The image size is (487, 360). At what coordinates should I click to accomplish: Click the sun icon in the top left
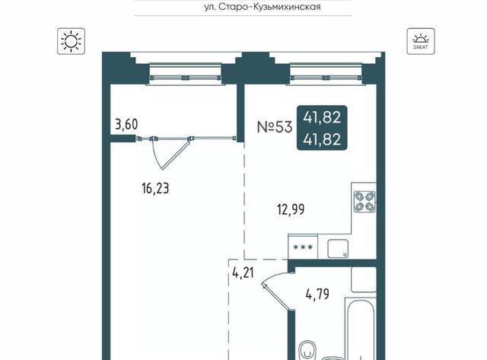pos(71,41)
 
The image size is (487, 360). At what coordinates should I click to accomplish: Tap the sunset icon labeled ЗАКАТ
pos(421,41)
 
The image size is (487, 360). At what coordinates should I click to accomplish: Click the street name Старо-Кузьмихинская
pos(269,7)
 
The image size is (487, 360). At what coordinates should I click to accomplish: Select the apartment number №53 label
pos(275,127)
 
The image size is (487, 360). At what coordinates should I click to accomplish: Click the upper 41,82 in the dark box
pos(322,117)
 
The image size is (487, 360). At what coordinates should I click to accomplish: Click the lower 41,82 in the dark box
pos(322,139)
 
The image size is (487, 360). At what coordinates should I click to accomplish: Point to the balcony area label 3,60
pos(126,125)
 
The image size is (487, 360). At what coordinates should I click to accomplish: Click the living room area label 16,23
pos(155,189)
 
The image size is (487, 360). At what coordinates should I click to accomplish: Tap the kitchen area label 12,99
pos(291,209)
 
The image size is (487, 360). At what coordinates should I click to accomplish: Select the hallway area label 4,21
pos(243,273)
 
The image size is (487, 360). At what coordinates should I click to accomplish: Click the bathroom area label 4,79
pos(317,294)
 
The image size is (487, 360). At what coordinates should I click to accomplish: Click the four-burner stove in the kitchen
pos(364,202)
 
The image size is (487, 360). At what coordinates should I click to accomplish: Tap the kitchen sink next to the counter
pos(338,248)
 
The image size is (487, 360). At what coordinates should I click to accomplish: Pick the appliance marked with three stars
pos(303,247)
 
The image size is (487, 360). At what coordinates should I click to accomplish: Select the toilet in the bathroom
pos(307,351)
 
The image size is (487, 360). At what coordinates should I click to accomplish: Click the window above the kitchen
pos(326,74)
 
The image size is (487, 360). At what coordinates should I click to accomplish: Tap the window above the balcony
pos(186,74)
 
